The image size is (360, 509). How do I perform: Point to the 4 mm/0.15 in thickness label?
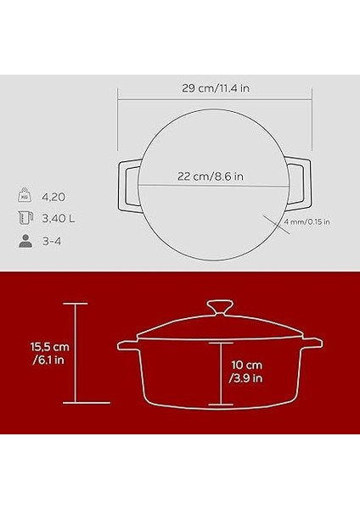[x=307, y=222]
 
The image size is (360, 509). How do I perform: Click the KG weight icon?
[x=24, y=196]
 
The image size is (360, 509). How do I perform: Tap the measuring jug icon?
[x=24, y=218]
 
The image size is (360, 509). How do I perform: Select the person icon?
[x=24, y=241]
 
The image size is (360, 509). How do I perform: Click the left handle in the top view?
[x=127, y=180]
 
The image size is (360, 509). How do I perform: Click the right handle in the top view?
[x=295, y=180]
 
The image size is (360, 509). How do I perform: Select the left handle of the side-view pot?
[x=127, y=346]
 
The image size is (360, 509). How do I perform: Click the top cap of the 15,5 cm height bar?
[x=76, y=304]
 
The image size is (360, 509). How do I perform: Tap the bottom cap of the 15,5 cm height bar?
[x=76, y=405]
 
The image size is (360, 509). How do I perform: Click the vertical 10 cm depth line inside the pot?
[x=220, y=373]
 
